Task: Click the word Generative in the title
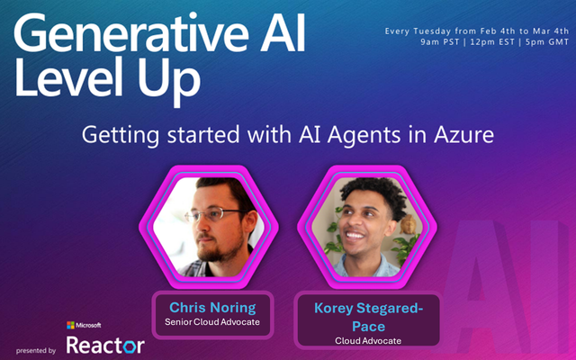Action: (131, 33)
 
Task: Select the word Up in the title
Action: (169, 82)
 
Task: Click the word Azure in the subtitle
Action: (464, 135)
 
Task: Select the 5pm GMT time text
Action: (547, 42)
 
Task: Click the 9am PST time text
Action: (440, 42)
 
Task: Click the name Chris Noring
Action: (212, 308)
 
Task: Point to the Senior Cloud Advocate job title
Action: (212, 322)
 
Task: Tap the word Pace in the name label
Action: (368, 326)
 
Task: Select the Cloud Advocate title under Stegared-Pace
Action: (368, 341)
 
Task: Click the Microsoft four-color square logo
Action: (70, 325)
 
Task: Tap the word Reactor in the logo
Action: (105, 346)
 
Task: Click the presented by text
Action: (36, 351)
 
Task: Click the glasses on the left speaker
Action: (213, 214)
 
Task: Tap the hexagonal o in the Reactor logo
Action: (130, 346)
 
